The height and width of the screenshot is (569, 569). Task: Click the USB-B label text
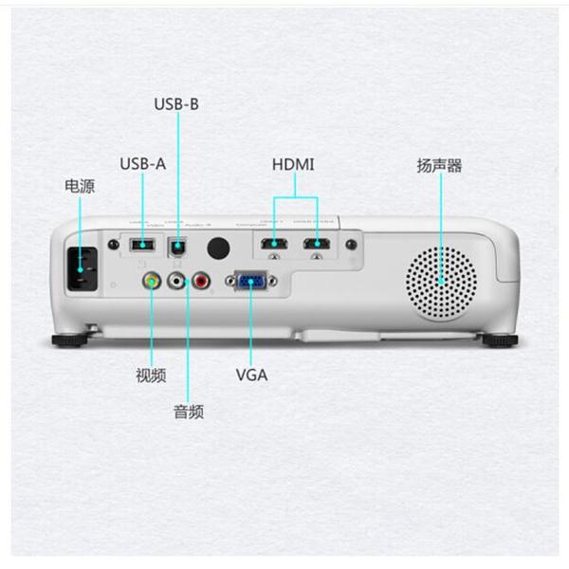(x=176, y=103)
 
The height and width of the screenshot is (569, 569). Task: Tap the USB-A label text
(x=143, y=163)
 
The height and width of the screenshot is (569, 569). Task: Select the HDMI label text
(x=293, y=164)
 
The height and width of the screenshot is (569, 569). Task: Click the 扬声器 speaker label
(x=439, y=165)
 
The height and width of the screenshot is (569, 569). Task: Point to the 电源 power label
(x=80, y=186)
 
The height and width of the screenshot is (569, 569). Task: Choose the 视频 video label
(x=151, y=376)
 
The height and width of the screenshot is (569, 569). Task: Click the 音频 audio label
(x=188, y=412)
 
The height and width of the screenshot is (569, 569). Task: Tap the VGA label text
(x=251, y=375)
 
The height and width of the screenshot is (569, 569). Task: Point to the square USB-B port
(x=176, y=247)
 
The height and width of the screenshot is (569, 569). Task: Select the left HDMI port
(x=275, y=247)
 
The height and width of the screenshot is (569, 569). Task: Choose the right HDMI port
(x=317, y=247)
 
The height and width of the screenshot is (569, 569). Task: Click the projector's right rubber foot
(x=499, y=339)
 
